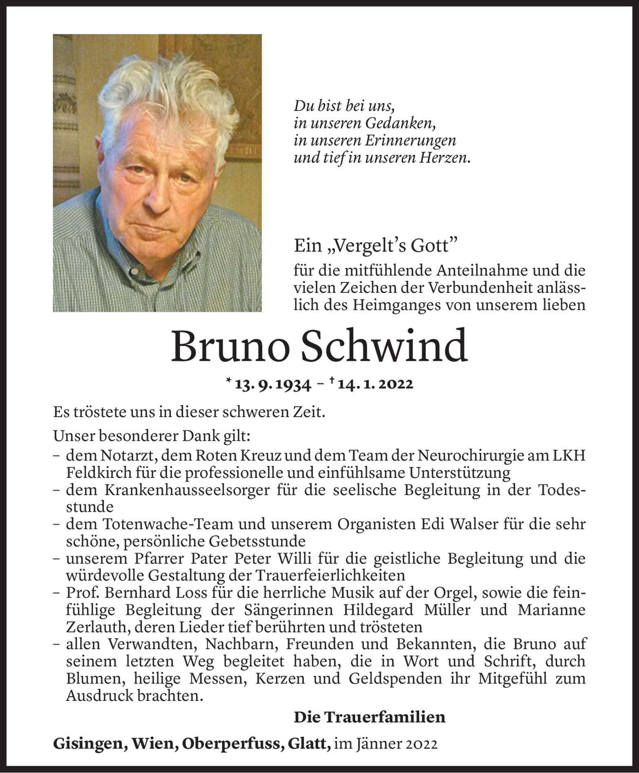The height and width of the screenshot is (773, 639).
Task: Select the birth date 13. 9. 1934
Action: [273, 384]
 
